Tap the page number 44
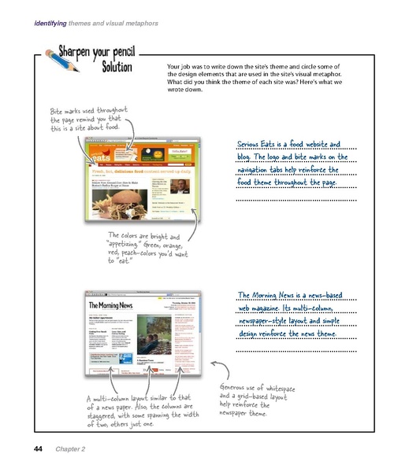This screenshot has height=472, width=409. point(37,448)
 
